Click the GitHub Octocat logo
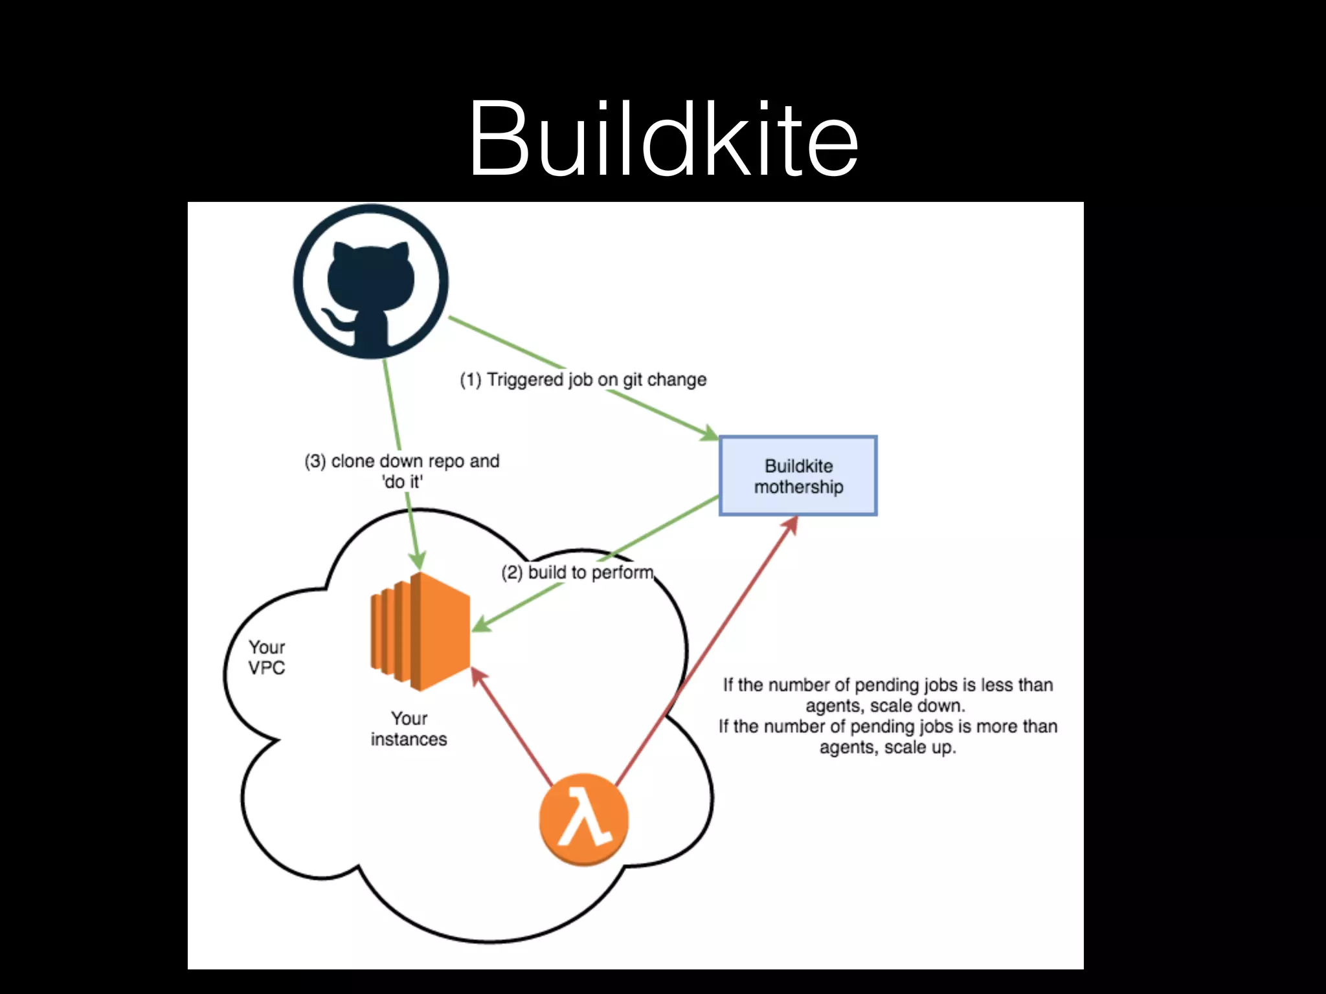pos(371,282)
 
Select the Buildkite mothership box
pos(798,476)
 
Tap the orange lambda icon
pos(584,819)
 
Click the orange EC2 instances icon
pos(420,631)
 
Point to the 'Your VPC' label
pos(267,657)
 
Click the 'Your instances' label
pos(409,729)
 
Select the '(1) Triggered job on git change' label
pos(583,379)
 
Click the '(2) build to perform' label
pos(578,573)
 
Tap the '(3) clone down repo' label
pos(402,461)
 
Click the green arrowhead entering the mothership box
pos(710,434)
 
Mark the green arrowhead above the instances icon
pos(418,561)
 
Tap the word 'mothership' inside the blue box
pos(798,487)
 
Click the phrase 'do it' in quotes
pos(403,482)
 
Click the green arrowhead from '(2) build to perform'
pos(480,625)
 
